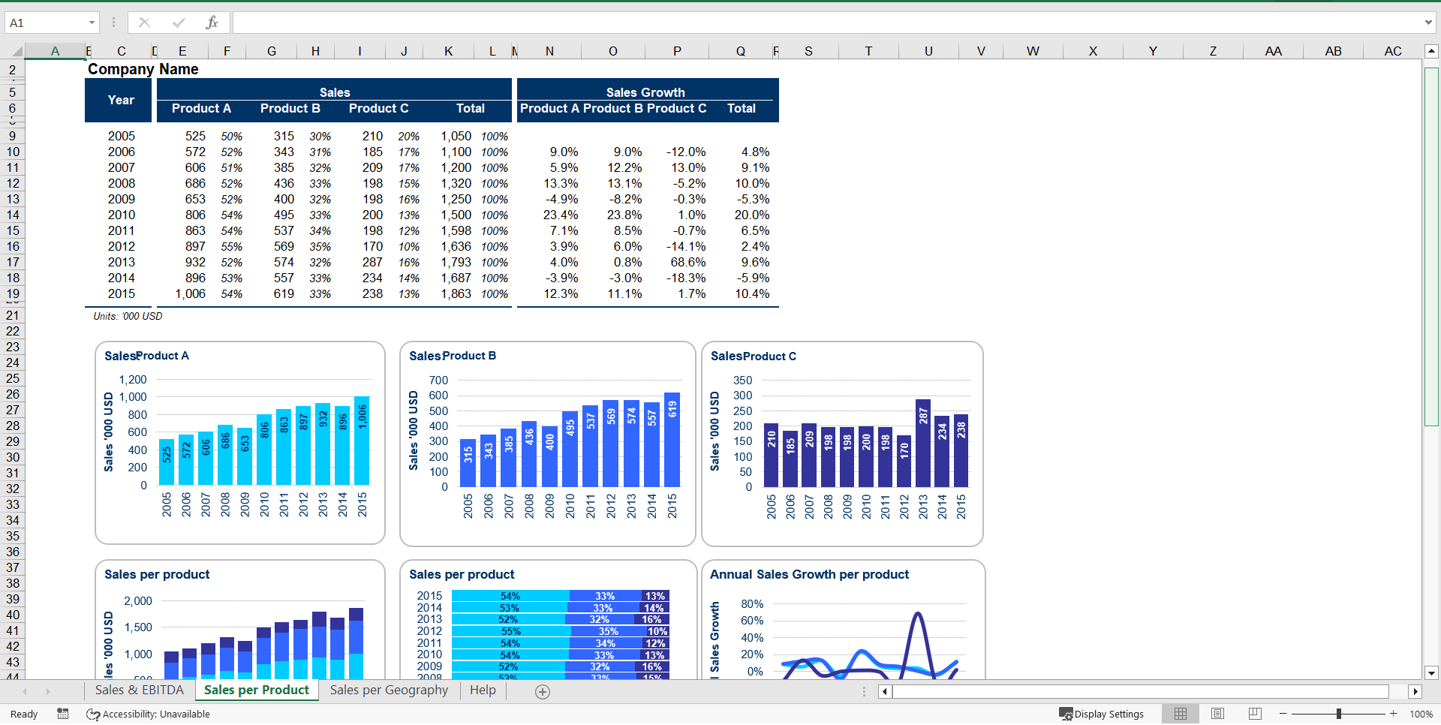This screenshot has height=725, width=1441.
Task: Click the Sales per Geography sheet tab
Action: tap(389, 690)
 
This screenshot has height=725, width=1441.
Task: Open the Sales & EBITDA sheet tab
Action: tap(139, 690)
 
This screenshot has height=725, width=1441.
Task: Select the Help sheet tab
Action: tap(483, 690)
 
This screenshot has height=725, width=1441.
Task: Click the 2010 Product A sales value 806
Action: tap(195, 215)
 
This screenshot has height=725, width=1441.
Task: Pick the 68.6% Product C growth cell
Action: tap(687, 262)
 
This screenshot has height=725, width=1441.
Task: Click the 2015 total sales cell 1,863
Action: tap(456, 293)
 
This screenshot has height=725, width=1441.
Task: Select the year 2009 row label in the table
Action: tap(121, 199)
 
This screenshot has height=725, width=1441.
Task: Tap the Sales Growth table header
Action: tap(645, 92)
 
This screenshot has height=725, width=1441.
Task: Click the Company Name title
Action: tap(143, 69)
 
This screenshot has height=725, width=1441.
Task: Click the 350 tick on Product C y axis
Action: tap(742, 381)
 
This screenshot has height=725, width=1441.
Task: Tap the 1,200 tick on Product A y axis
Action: tap(133, 380)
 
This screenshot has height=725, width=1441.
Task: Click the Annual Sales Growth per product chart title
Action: tap(809, 574)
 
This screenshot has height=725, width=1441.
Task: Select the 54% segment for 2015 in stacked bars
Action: tap(510, 596)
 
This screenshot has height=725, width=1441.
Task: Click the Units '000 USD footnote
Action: tap(128, 316)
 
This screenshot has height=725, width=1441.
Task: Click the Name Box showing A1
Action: tap(45, 23)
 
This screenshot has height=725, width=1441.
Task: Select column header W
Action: tap(1033, 51)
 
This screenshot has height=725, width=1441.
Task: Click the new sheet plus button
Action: tap(543, 691)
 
